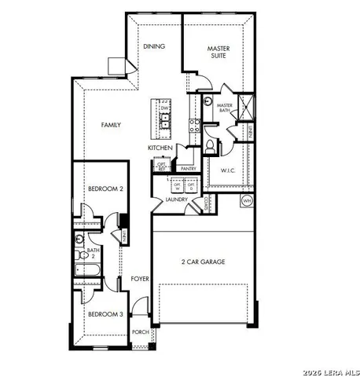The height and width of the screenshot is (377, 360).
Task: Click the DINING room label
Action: coord(154,46)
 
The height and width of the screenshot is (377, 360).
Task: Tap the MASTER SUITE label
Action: coord(219,53)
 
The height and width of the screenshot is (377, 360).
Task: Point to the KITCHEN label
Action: coord(160,148)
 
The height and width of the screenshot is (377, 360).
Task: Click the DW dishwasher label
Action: coord(165,108)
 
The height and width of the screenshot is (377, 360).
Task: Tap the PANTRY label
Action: coord(187,168)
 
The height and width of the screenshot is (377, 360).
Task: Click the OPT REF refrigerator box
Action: coord(162,167)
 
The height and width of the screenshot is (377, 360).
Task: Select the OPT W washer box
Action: coord(178,186)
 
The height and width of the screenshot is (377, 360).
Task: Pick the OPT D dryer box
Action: coord(191,186)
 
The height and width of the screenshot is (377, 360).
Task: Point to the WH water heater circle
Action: coord(246,200)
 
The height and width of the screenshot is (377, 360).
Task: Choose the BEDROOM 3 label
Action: coord(105,314)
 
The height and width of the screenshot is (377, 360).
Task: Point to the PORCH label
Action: coord(141,332)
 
